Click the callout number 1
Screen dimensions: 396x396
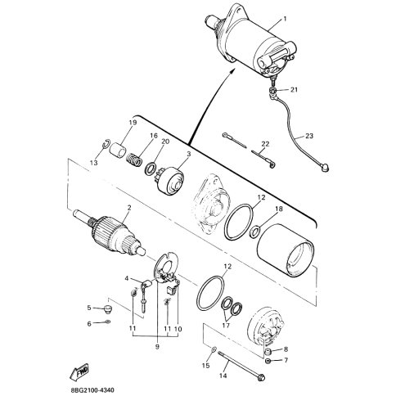285,19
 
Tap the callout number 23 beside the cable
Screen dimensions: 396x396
309,136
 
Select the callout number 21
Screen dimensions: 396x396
294,89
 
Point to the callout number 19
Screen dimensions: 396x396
133,123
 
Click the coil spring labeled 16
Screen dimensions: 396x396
135,160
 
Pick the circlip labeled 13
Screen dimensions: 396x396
106,144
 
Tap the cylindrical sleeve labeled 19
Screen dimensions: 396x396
118,149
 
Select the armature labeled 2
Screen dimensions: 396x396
109,232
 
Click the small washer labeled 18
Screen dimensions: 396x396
255,232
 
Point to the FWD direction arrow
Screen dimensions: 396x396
79,372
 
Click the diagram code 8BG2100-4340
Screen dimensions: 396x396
92,390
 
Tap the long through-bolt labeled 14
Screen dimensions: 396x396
241,366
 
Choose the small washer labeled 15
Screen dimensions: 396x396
214,349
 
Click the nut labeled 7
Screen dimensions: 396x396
268,361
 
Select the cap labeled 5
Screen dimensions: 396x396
108,309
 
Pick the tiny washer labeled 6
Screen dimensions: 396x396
108,322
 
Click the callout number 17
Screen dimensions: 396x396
226,325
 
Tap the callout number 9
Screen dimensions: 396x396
157,347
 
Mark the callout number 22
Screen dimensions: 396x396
265,144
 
